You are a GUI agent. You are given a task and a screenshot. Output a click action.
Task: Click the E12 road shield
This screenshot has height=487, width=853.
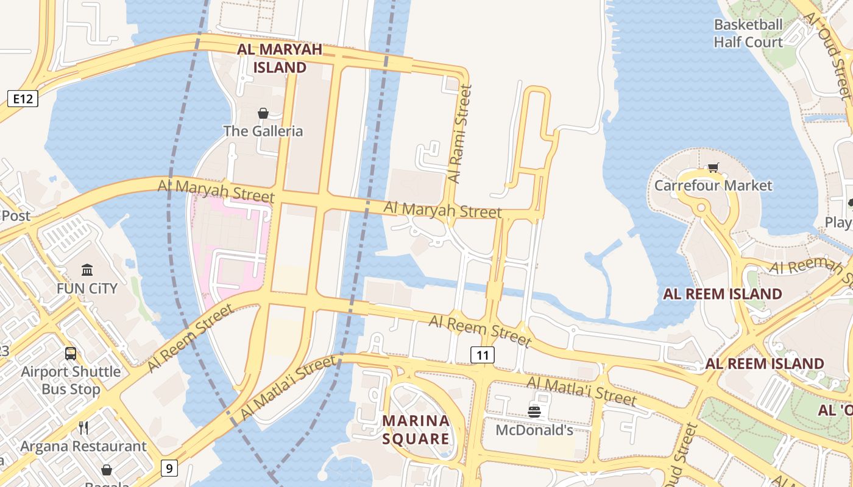tap(23, 99)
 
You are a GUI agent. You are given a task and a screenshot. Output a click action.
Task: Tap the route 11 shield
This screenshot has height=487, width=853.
tap(482, 355)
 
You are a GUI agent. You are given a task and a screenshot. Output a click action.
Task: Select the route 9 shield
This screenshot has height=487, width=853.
tap(170, 468)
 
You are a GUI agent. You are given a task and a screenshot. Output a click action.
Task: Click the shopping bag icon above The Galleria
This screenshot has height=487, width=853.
tap(263, 113)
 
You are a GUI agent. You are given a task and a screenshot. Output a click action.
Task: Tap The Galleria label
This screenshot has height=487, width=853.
tap(263, 131)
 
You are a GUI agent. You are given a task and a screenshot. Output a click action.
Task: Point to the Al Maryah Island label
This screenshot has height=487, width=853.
tap(280, 58)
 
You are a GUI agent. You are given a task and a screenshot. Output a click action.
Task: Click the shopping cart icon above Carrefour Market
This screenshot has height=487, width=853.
tap(713, 167)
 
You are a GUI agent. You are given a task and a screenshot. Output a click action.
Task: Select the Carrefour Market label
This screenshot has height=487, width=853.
tap(713, 185)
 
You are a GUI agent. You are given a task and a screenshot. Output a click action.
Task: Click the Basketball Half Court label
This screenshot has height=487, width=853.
tap(748, 33)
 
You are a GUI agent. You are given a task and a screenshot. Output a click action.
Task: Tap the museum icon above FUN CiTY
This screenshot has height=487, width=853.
tap(87, 270)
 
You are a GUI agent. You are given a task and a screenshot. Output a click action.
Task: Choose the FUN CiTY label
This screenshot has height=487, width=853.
tap(87, 288)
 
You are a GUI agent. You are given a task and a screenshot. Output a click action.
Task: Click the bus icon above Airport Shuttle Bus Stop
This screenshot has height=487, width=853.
tap(71, 353)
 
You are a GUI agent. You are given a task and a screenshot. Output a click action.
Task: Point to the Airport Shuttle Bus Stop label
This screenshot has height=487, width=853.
tap(71, 380)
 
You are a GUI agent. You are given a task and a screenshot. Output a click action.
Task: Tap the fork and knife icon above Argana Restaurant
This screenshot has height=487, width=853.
tap(83, 428)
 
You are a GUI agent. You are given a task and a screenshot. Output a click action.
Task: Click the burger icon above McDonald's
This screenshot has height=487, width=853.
tap(534, 412)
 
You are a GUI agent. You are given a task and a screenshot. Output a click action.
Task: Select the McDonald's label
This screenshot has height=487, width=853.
tap(534, 430)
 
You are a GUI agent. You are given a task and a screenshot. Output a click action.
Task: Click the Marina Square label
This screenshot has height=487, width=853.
tap(416, 429)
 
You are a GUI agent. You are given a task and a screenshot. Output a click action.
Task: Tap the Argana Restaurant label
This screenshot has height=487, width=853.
tap(83, 446)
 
